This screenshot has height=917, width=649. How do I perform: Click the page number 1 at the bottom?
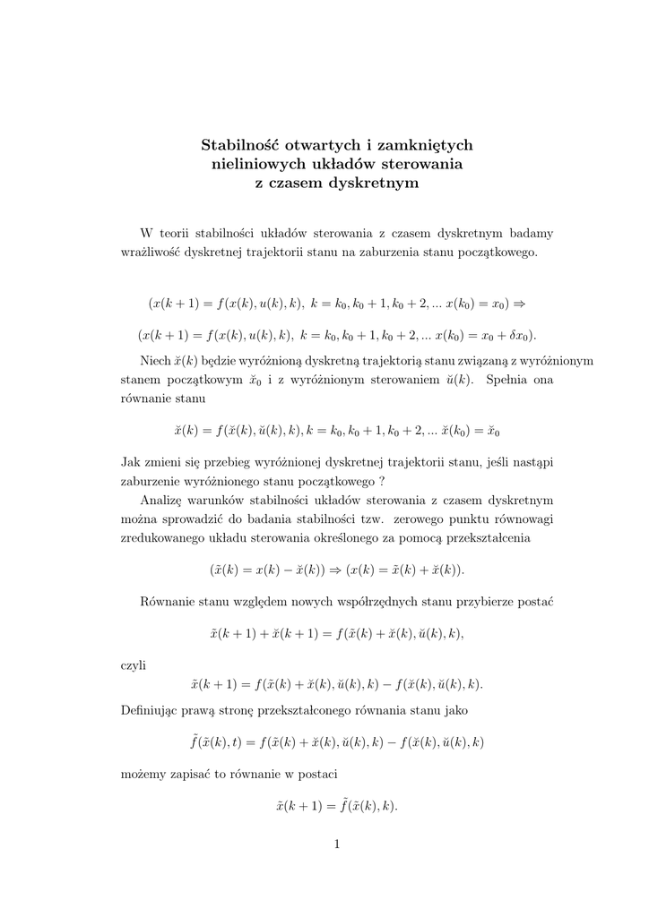tap(337, 843)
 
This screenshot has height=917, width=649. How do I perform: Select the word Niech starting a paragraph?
tap(156, 361)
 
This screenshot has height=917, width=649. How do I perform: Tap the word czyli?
tap(134, 665)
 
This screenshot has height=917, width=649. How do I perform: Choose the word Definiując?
tap(155, 710)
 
